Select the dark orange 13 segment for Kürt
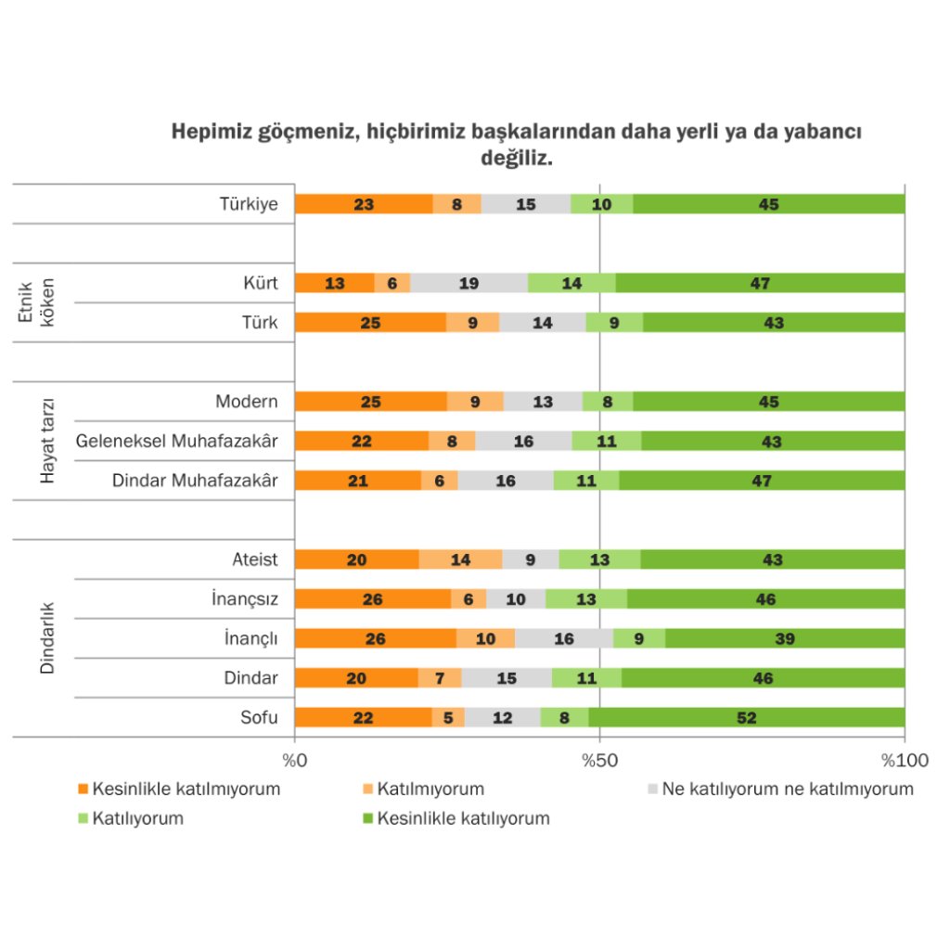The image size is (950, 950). click(334, 284)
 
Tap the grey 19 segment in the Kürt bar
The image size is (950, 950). click(469, 284)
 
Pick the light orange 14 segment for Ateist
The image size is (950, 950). click(460, 559)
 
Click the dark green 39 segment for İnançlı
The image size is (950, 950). click(785, 638)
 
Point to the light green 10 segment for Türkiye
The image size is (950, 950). click(601, 204)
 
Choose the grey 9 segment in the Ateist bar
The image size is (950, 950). click(531, 559)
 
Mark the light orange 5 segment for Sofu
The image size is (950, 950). click(448, 717)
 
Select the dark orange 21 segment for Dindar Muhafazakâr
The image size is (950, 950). click(357, 481)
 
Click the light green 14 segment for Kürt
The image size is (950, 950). click(571, 284)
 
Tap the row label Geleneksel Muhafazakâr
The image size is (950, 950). click(176, 442)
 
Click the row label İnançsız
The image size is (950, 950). click(245, 599)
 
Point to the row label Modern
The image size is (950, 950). click(247, 402)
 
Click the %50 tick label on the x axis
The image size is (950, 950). click(599, 761)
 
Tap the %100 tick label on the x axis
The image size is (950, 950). click(904, 761)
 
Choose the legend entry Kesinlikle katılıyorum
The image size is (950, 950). click(464, 818)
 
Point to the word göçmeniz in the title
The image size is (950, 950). click(307, 132)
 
